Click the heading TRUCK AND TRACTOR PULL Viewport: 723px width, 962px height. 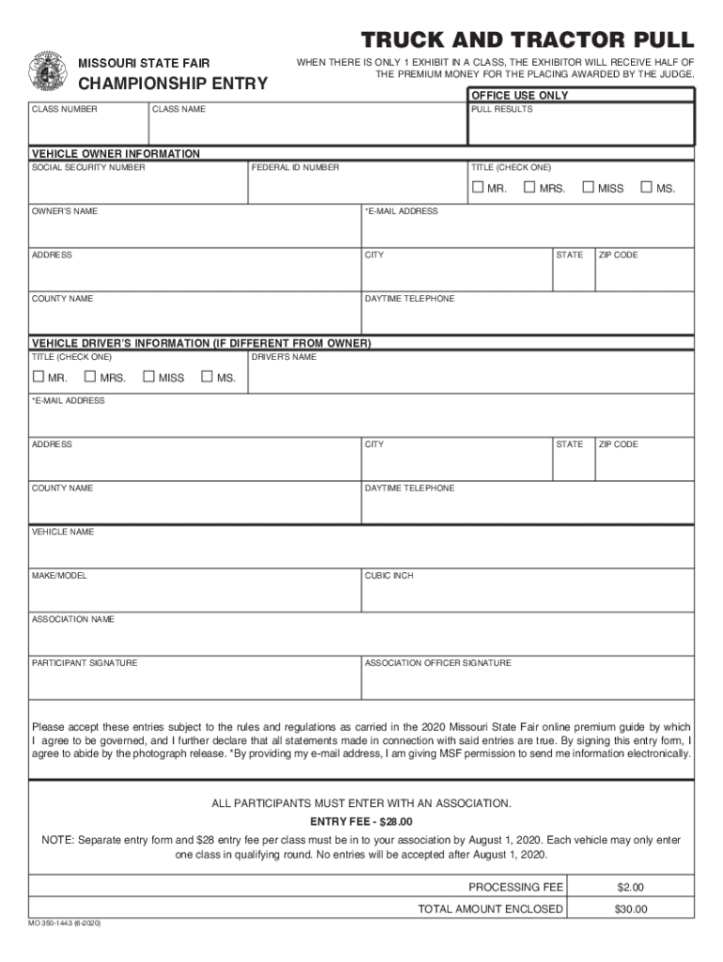coord(528,40)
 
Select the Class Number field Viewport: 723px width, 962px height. coord(88,127)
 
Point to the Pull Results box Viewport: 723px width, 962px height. coord(581,126)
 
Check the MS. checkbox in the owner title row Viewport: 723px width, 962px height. coord(646,188)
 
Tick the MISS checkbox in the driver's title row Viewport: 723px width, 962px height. coord(148,378)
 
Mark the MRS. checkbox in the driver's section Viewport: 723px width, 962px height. coord(90,378)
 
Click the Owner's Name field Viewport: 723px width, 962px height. coord(195,229)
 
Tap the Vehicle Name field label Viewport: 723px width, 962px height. coord(63,533)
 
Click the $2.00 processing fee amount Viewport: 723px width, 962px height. coord(630,887)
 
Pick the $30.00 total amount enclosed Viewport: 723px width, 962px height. coord(630,909)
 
